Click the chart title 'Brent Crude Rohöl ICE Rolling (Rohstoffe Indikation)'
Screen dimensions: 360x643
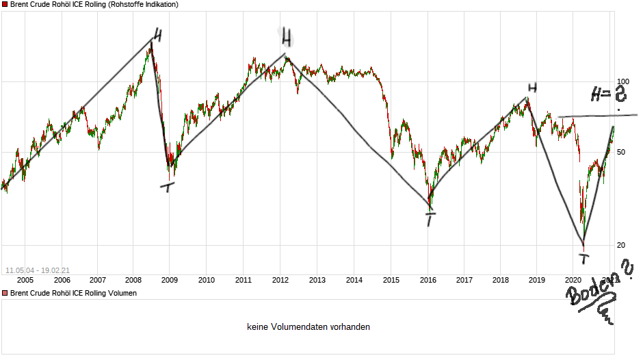pyautogui.click(x=94, y=5)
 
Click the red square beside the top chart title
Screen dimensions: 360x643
pyautogui.click(x=5, y=5)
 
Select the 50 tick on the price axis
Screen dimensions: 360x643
pyautogui.click(x=622, y=152)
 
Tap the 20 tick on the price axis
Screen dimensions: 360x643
pyautogui.click(x=622, y=245)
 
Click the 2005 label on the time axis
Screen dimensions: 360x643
pyautogui.click(x=25, y=279)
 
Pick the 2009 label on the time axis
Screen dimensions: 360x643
pyautogui.click(x=170, y=279)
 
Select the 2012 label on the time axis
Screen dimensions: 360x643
pyautogui.click(x=280, y=279)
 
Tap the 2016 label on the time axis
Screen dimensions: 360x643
pyautogui.click(x=428, y=279)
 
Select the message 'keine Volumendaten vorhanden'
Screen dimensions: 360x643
pyautogui.click(x=309, y=327)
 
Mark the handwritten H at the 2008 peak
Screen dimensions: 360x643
pyautogui.click(x=157, y=35)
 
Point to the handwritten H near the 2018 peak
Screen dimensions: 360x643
pyautogui.click(x=532, y=88)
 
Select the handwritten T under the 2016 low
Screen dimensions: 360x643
pyautogui.click(x=430, y=219)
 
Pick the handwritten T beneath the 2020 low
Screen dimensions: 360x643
pyautogui.click(x=583, y=258)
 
